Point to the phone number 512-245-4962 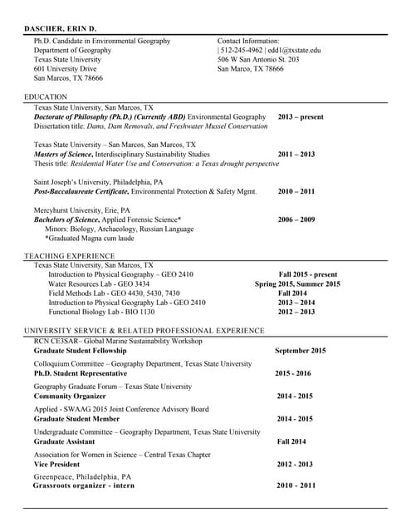click(x=242, y=50)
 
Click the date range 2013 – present click(x=301, y=117)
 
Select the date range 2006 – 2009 click(x=296, y=219)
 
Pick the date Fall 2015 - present click(x=307, y=274)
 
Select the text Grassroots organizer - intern click(x=83, y=485)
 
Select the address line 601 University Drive click(x=71, y=69)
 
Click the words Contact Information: click(x=248, y=41)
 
